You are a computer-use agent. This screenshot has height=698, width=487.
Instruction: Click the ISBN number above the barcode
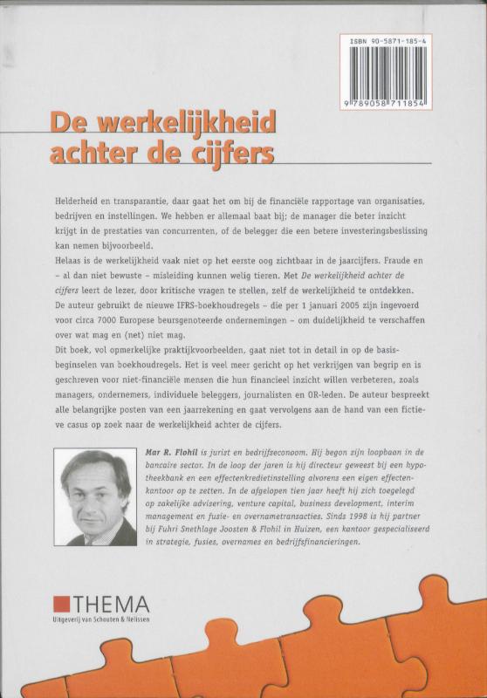397,40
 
